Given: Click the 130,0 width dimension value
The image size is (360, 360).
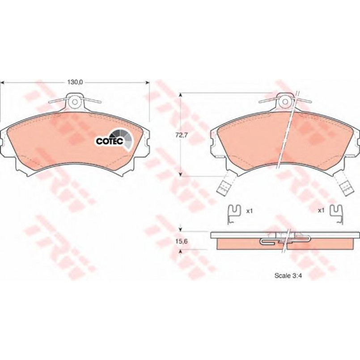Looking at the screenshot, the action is point(75,82).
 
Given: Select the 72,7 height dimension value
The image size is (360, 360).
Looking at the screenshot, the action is point(182,135).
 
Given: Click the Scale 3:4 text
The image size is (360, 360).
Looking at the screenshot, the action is point(288,276).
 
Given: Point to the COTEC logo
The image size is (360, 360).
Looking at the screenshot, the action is point(114,139).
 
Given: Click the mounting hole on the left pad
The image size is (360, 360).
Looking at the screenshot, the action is point(75,102).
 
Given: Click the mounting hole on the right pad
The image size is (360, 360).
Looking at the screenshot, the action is point(285,102).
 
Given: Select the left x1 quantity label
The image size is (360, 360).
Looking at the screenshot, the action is point(250,211).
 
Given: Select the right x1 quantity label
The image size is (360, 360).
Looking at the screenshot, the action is point(321,210).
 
